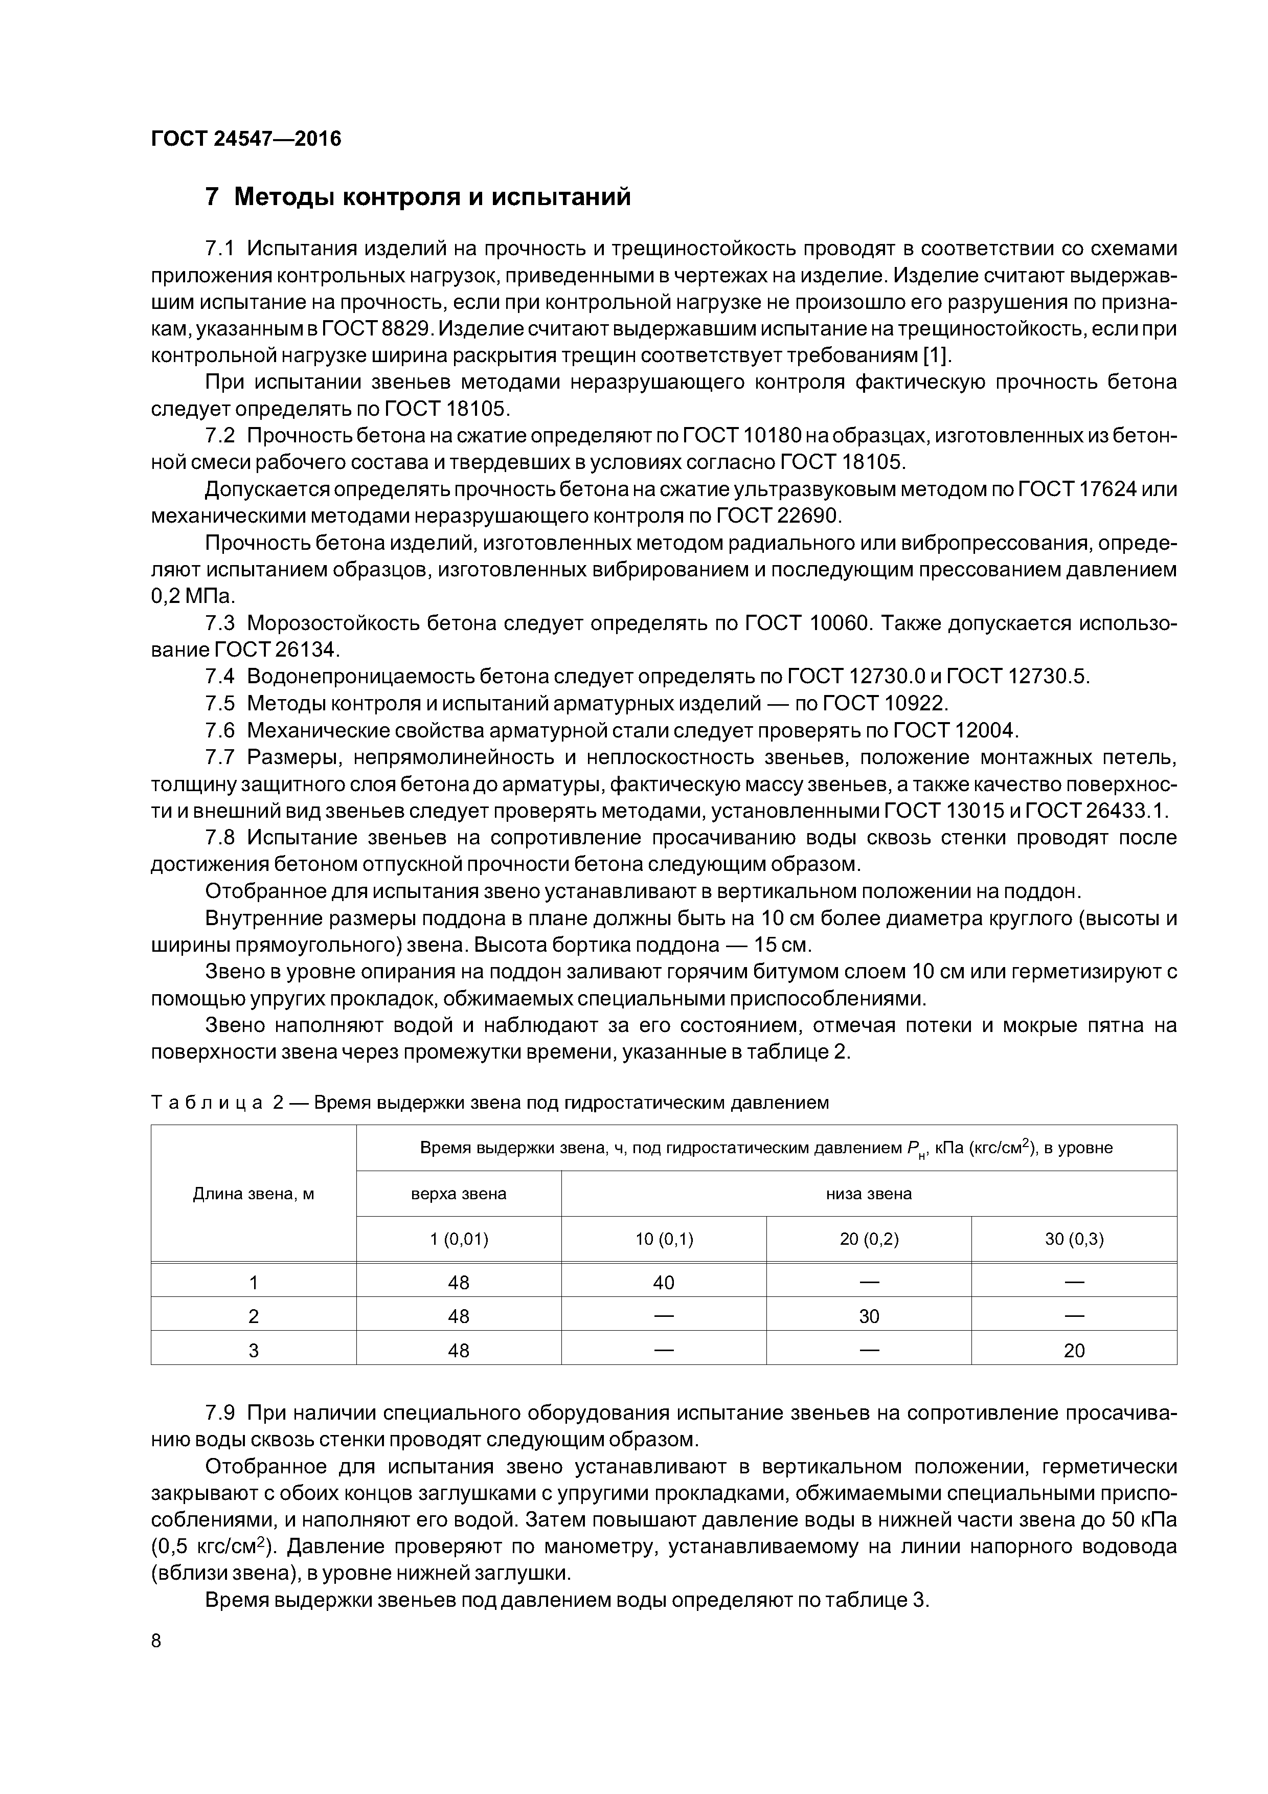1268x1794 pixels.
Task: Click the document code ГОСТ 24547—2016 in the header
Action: pos(246,139)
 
